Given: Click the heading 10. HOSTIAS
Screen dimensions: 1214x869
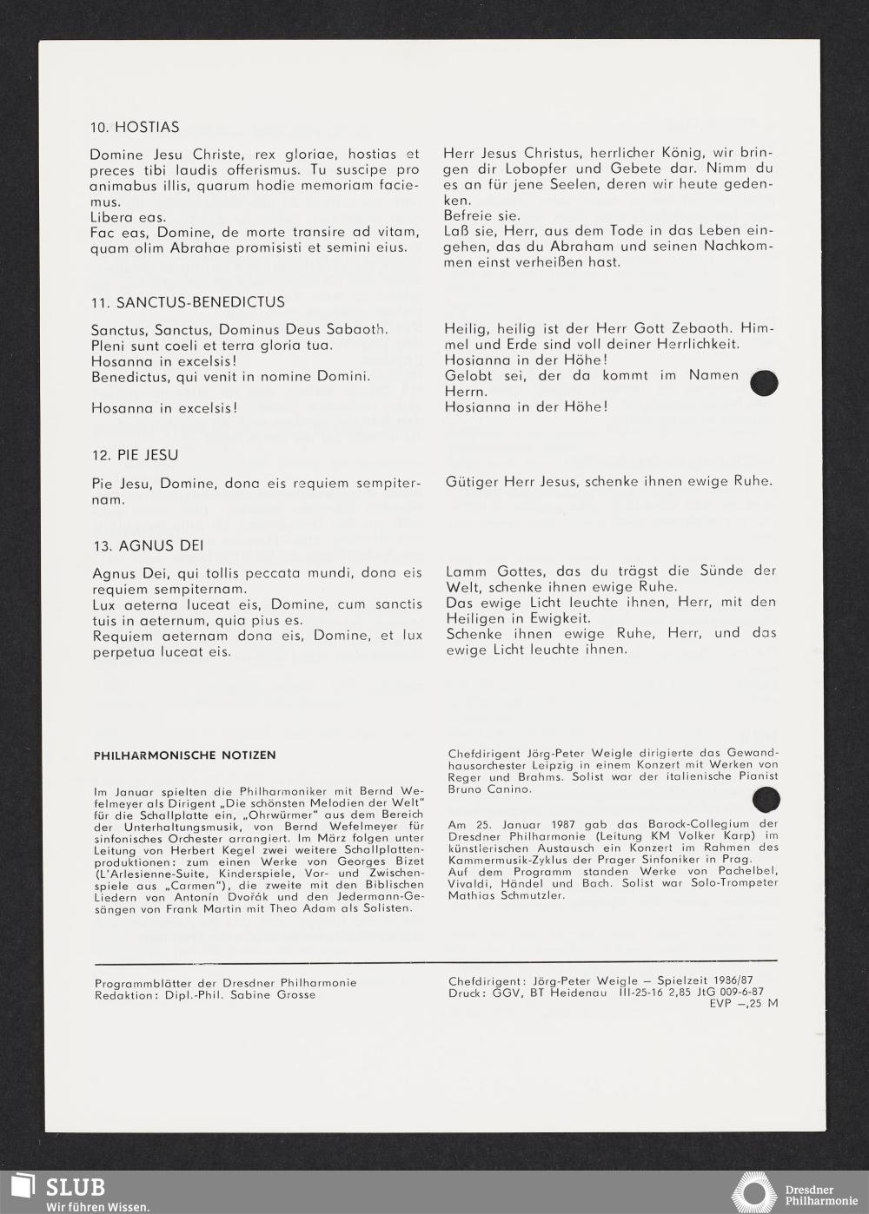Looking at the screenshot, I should coord(135,127).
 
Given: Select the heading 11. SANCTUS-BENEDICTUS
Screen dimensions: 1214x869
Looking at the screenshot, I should coord(188,302).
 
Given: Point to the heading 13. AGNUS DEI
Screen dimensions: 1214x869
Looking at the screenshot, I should coord(148,545).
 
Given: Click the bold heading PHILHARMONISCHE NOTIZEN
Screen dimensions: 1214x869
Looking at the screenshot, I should coord(184,755).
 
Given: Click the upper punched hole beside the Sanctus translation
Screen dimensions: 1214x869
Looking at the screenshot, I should coord(764,383).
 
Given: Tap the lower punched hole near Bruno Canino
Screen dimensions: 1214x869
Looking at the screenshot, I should coord(766,799).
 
